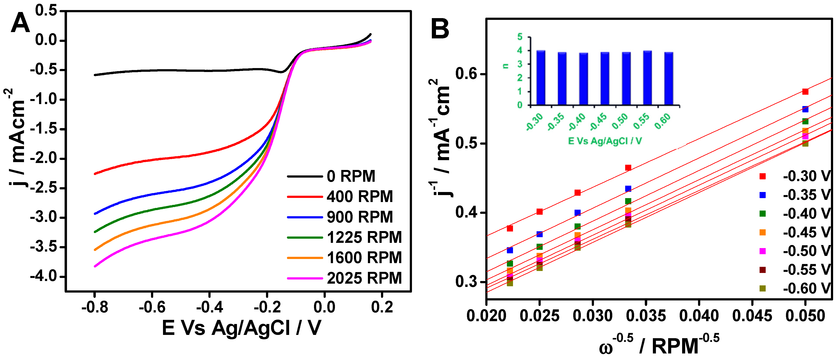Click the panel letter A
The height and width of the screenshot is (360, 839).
click(20, 23)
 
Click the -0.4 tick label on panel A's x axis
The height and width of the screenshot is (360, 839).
click(209, 307)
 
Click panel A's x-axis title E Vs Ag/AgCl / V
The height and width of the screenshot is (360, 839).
click(241, 328)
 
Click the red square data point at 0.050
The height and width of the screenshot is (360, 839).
click(805, 92)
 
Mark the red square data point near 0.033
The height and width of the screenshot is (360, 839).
click(628, 168)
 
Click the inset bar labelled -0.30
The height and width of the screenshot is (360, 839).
click(541, 77)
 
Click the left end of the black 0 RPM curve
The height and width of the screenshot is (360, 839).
click(95, 75)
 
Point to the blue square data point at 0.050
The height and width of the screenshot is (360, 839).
click(805, 109)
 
